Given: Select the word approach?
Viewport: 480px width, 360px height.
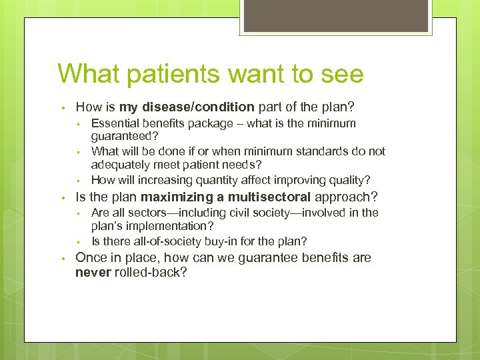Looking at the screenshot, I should [346, 197].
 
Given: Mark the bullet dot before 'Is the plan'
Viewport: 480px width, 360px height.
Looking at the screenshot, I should [61, 198].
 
